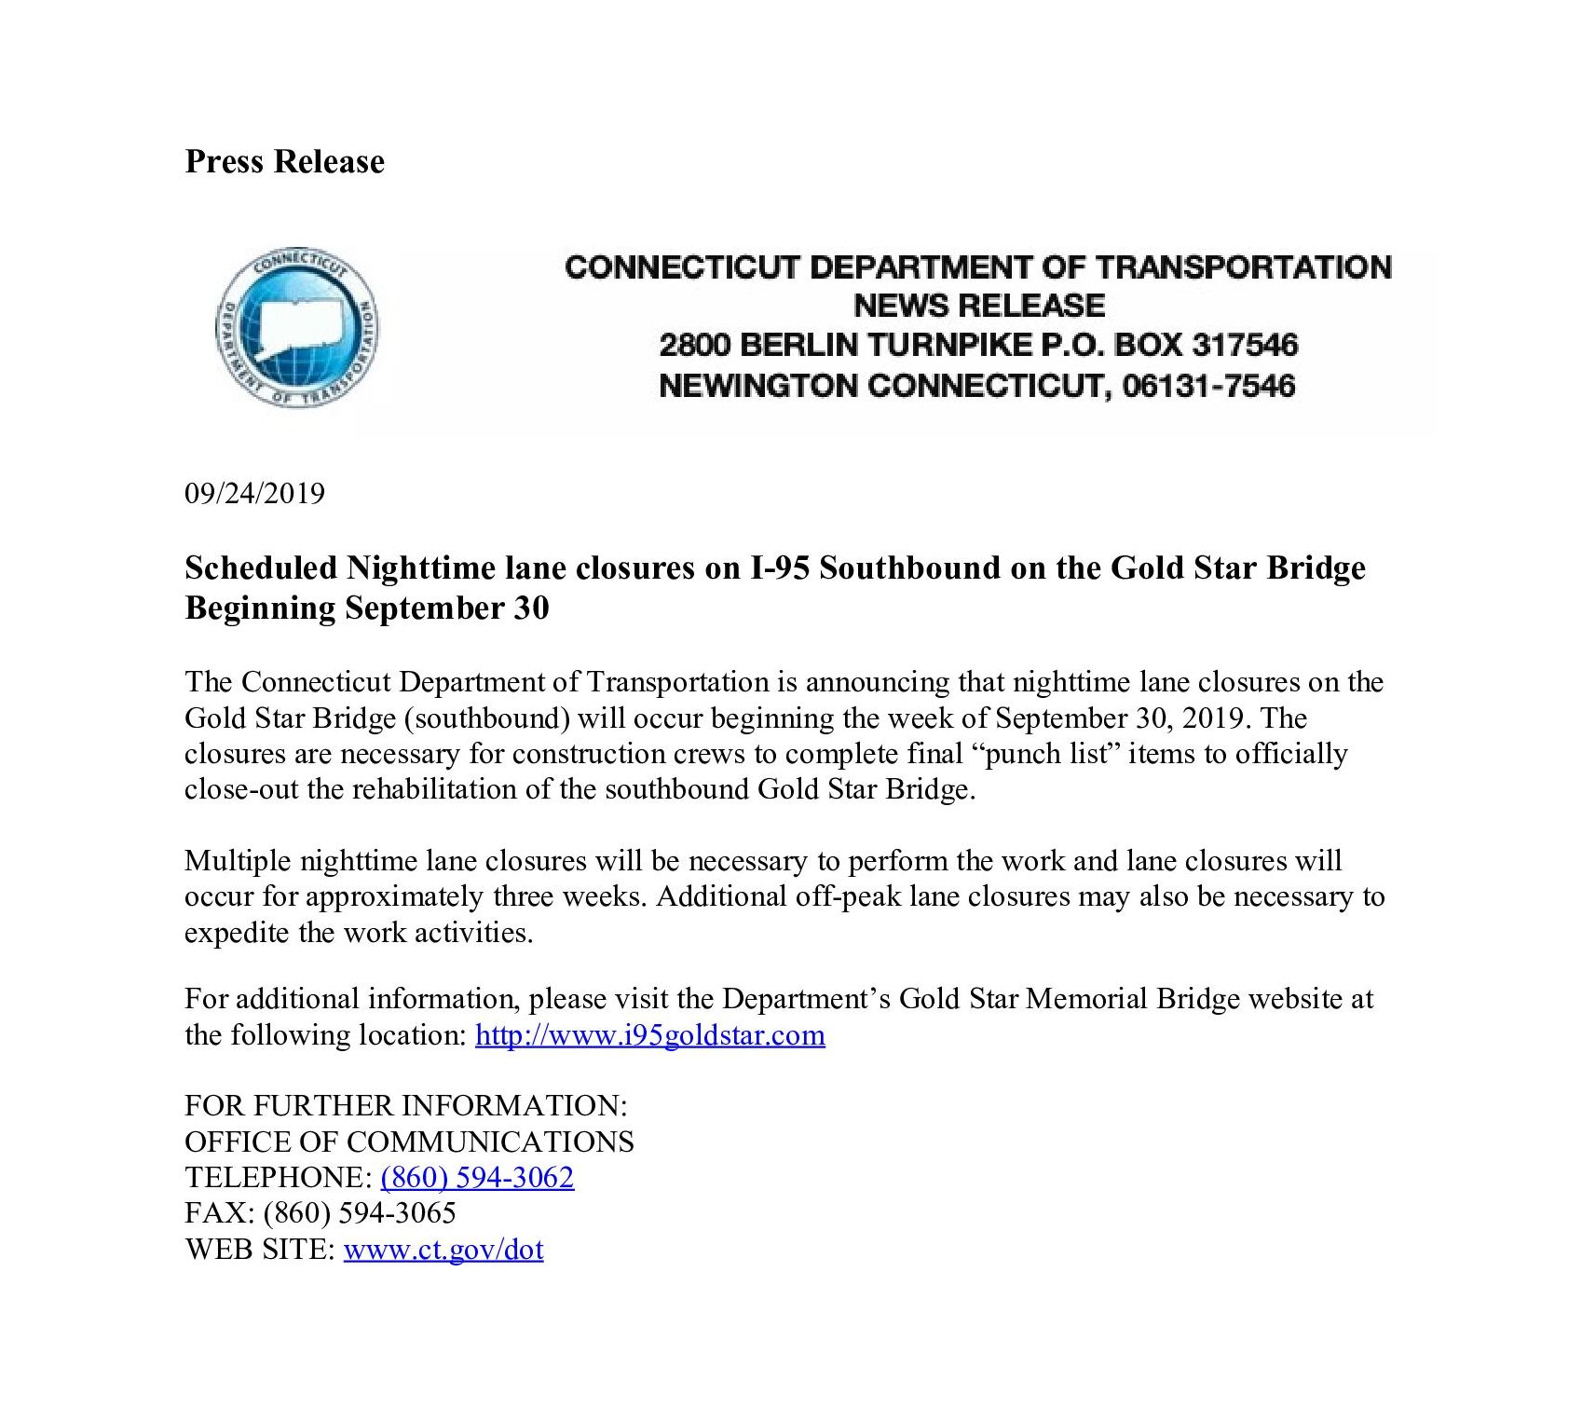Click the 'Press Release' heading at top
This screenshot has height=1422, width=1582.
284,161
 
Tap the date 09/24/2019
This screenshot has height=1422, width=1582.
254,493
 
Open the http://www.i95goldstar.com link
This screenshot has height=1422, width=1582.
649,1035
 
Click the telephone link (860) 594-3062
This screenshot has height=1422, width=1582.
477,1178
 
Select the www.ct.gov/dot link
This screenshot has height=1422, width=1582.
443,1250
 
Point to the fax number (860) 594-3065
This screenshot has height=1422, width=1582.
360,1213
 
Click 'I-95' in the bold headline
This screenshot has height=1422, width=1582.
781,567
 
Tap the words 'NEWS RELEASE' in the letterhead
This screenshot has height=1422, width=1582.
978,306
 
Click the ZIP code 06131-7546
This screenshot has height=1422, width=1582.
1208,385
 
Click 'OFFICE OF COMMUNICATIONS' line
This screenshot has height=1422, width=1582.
409,1142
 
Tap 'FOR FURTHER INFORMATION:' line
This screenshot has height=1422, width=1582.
405,1106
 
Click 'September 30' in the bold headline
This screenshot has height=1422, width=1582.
446,608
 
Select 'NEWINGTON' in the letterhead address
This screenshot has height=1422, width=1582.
757,385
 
